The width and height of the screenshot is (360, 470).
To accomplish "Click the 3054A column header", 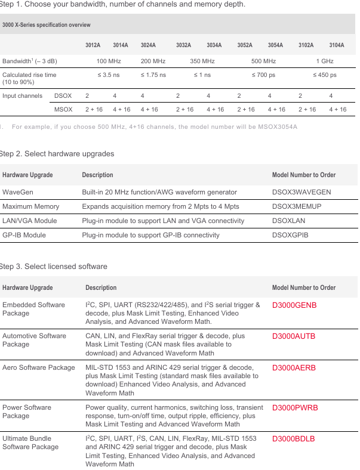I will point(275,45).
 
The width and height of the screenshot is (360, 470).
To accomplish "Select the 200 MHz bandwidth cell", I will point(153,61).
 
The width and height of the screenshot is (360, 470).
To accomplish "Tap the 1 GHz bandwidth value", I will point(325,61).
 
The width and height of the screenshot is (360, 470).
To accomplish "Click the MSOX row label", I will point(63,109).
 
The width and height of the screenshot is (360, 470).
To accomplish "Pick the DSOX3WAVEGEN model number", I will point(301,192).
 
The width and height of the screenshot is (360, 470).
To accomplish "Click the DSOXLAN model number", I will point(290,221).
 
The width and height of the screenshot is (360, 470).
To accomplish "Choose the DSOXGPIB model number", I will point(290,235).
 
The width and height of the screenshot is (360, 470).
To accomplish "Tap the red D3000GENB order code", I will point(294,305).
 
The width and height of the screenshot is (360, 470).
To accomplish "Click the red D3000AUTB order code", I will point(294,336).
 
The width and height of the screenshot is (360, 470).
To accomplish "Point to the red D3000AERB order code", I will point(294,368).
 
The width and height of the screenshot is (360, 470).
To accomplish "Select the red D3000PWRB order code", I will point(295,408).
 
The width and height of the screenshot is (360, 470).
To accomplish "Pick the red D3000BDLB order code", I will point(294,439).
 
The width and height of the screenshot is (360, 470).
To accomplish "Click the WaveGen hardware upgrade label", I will point(17,192).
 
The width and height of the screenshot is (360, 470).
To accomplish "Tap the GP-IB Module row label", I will point(24,235).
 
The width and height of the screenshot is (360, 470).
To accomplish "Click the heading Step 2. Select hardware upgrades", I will point(57,154).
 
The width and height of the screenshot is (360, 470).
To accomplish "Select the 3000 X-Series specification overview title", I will point(47,25).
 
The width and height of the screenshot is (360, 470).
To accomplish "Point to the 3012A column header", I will point(93,45).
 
